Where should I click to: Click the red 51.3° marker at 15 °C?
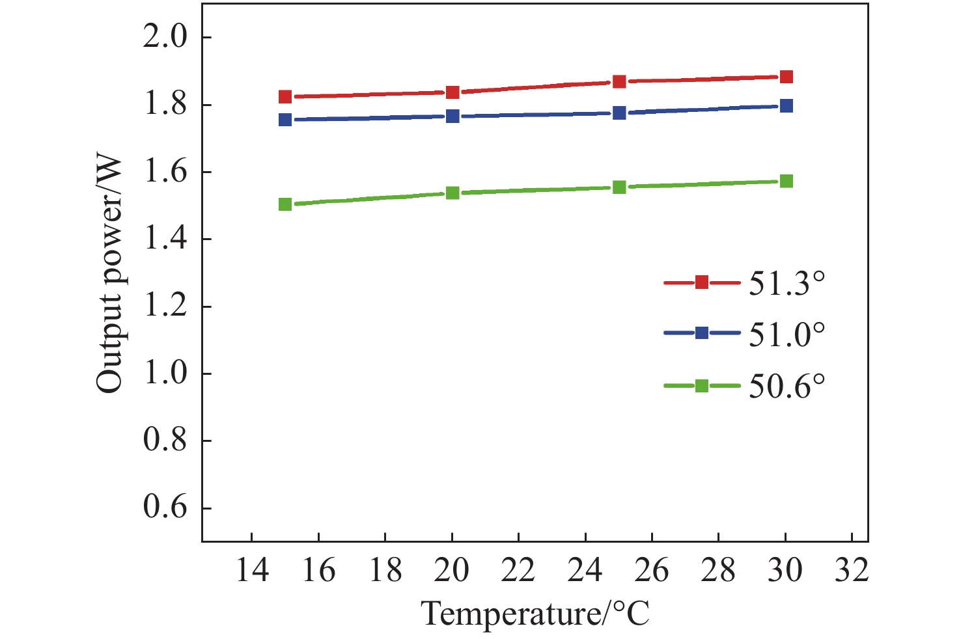[285, 97]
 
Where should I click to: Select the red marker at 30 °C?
[786, 77]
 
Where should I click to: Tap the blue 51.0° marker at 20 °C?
[453, 116]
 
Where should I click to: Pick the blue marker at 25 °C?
[619, 113]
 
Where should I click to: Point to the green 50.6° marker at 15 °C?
[285, 204]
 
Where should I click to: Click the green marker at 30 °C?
[786, 181]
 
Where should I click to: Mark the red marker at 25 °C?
[619, 81]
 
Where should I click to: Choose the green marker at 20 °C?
[453, 193]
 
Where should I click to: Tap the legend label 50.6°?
[787, 386]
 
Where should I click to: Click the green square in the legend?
[702, 386]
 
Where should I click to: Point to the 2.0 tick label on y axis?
[165, 37]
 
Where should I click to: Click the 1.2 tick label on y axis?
[165, 306]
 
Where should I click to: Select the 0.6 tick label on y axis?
[165, 508]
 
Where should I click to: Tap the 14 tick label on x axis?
[252, 571]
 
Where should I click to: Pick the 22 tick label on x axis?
[518, 571]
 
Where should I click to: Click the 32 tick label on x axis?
[852, 571]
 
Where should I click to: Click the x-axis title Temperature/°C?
[535, 614]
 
